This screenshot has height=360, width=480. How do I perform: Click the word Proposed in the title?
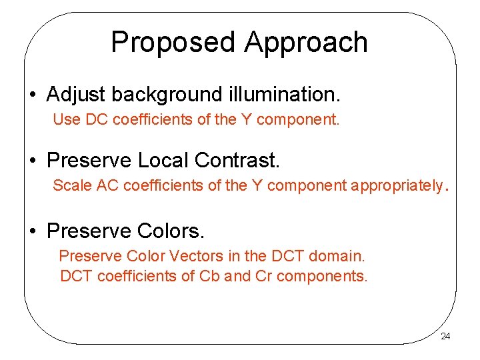click(173, 43)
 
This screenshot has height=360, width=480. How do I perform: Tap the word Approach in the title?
click(306, 43)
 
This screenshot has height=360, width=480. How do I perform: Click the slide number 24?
click(445, 336)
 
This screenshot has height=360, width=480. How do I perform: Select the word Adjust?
click(76, 95)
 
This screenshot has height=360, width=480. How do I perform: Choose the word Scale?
click(73, 185)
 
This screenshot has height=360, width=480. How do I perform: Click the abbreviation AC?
click(107, 185)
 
